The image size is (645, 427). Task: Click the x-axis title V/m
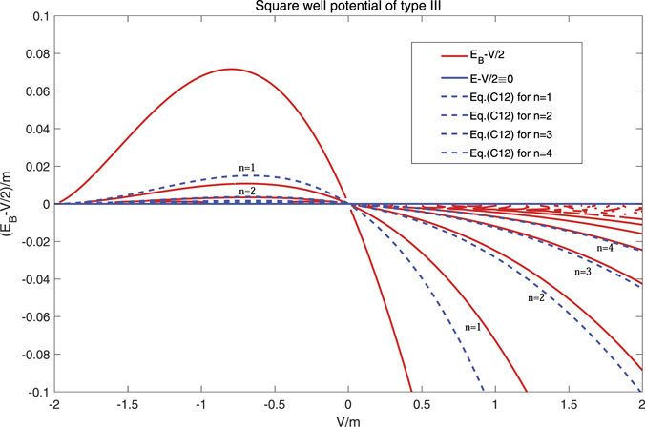(x=349, y=419)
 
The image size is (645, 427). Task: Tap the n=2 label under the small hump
(x=247, y=191)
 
